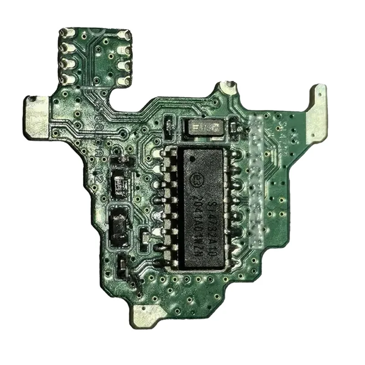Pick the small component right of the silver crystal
point(234,124)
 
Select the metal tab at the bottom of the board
point(147,315)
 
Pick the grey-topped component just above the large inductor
point(121,184)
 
